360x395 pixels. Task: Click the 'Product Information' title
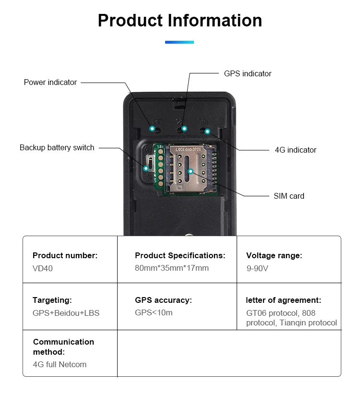pos(180,21)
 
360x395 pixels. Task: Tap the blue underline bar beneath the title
pos(180,42)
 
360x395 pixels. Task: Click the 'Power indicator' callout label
pos(50,83)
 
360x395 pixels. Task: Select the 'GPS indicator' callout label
pos(248,74)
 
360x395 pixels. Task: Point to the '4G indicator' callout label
pos(295,150)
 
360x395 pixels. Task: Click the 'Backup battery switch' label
pos(57,148)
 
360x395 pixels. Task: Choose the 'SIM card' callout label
pos(288,196)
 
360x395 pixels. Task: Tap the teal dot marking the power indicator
pos(152,129)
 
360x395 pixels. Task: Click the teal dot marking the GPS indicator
pos(184,129)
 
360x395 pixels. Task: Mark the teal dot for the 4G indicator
pos(207,131)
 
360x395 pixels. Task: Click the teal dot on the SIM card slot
pos(191,171)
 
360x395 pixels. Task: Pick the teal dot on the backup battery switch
pos(146,168)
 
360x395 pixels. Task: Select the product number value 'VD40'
pos(43,268)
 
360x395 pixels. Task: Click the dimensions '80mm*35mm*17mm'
pos(172,268)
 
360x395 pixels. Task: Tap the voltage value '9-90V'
pos(257,268)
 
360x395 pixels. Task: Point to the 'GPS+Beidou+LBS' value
pos(66,313)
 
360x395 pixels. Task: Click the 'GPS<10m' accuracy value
pos(154,313)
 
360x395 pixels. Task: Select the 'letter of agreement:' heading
pos(283,300)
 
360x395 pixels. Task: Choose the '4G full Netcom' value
pos(60,364)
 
